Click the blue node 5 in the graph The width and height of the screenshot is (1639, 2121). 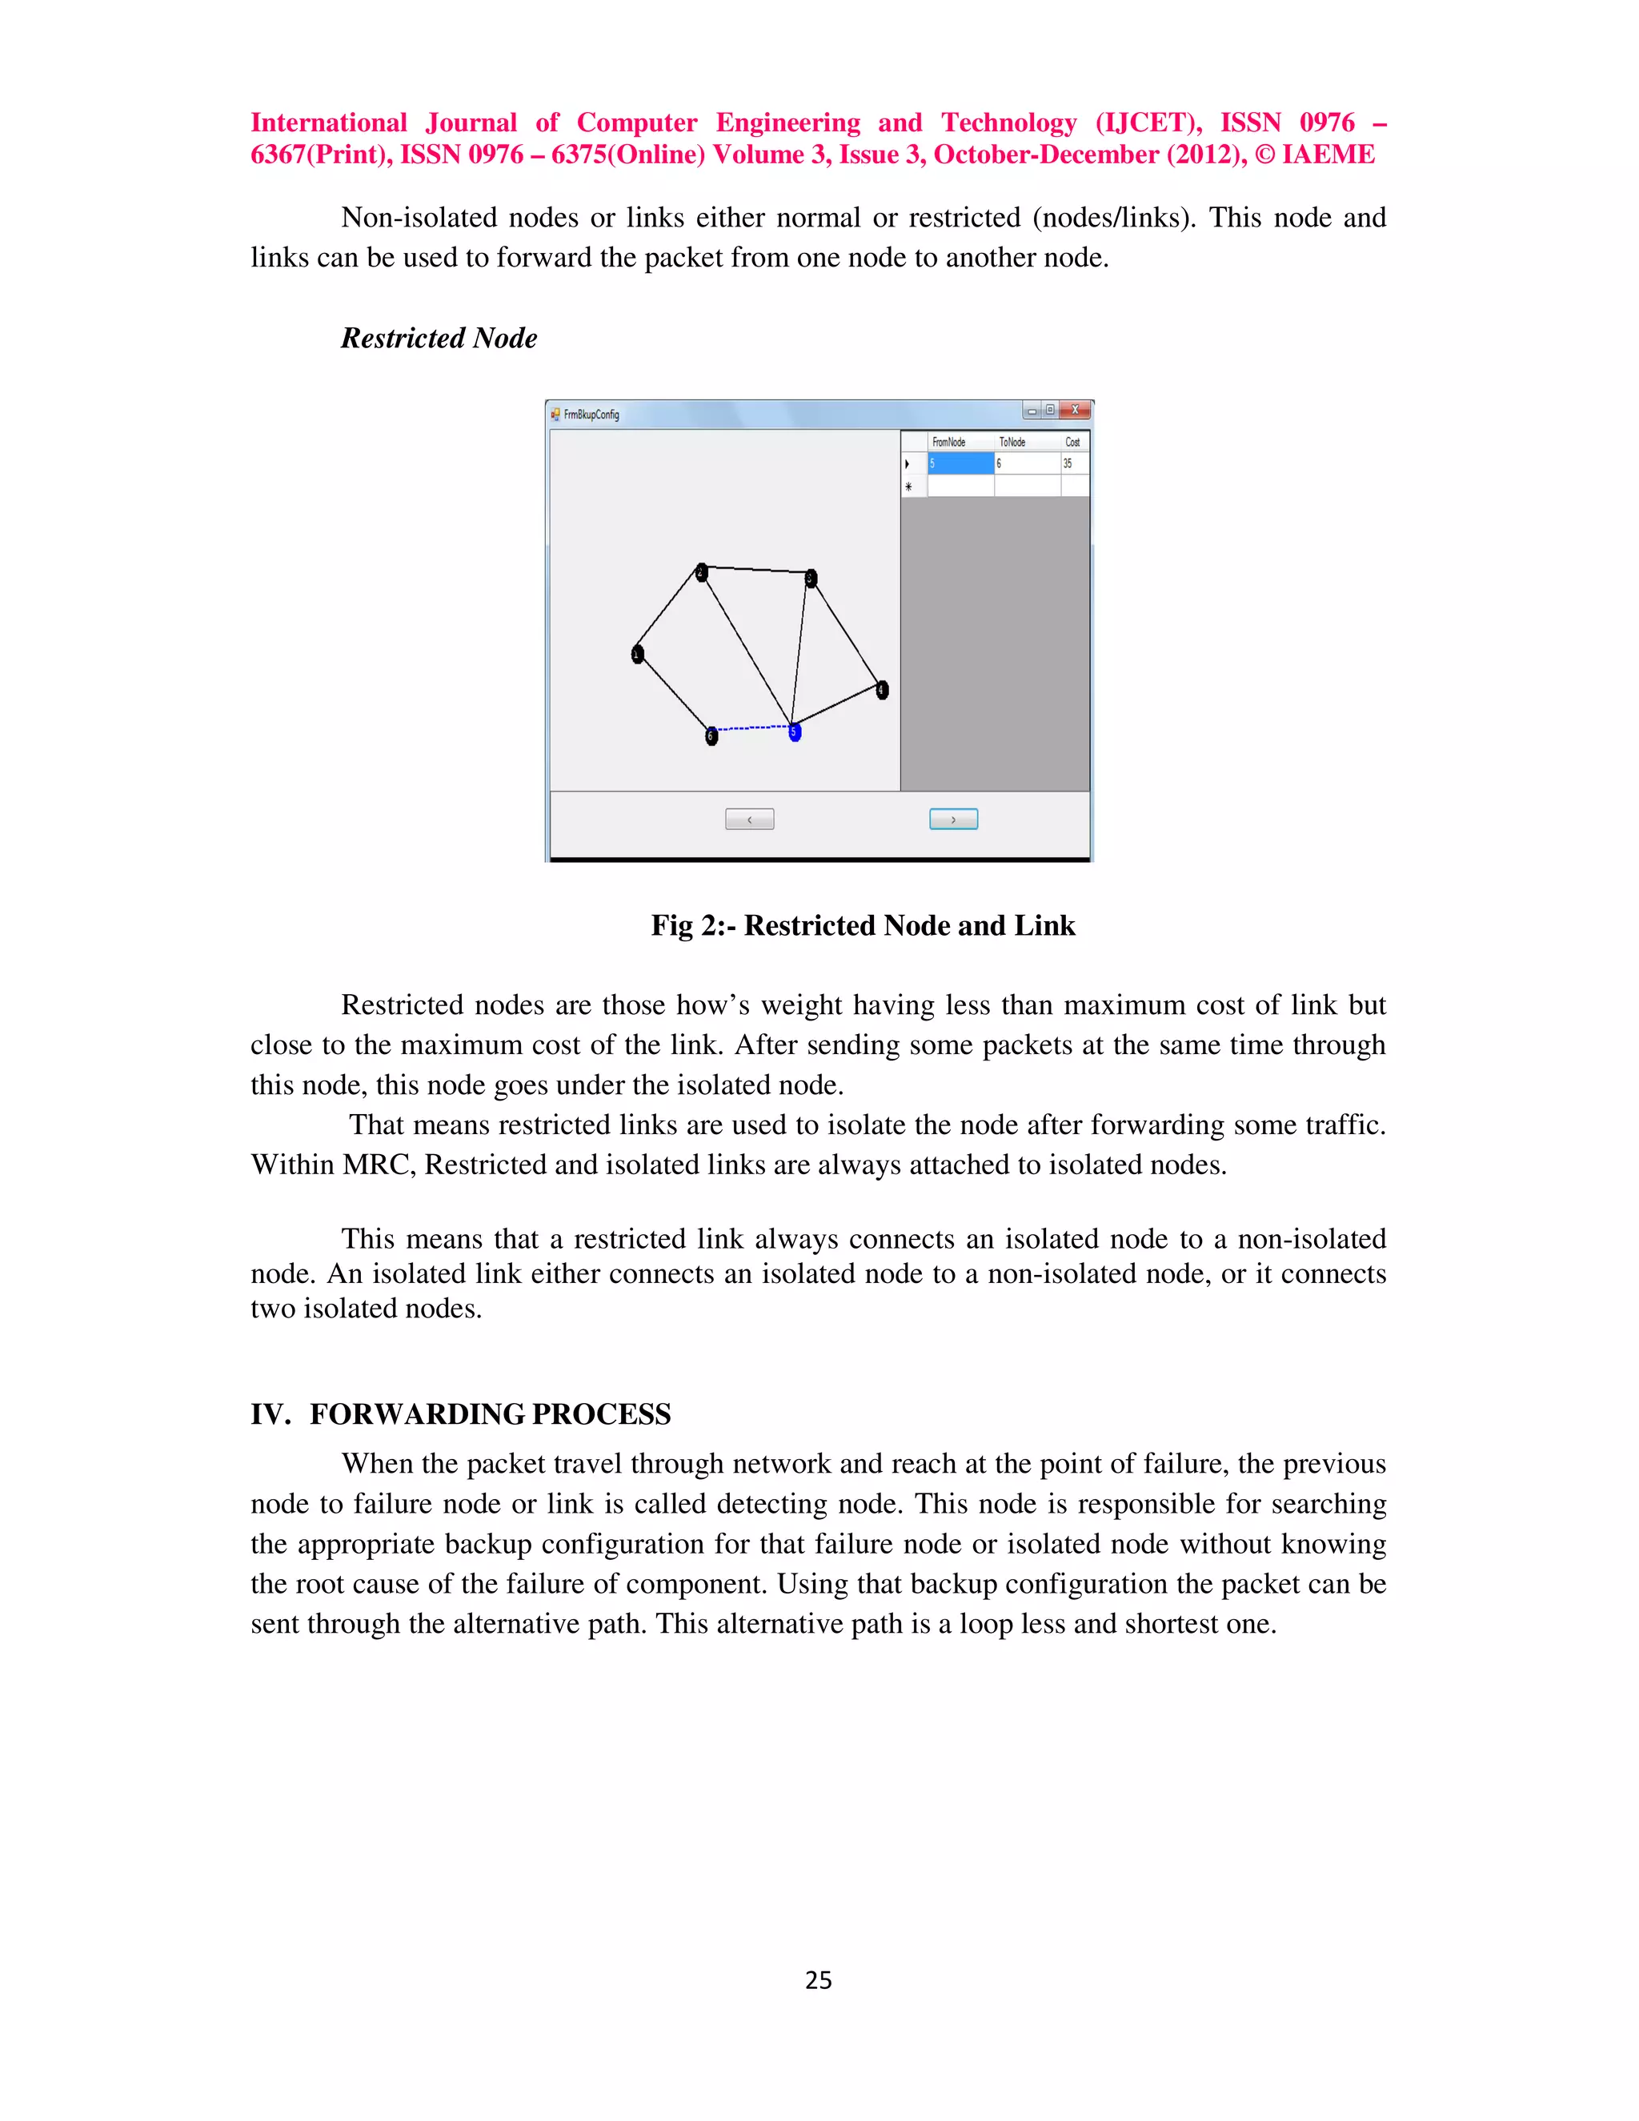[x=794, y=732]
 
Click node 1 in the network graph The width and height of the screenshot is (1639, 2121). [x=638, y=655]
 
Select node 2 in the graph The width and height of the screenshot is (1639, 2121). [x=701, y=573]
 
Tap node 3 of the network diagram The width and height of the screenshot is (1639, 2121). [x=811, y=579]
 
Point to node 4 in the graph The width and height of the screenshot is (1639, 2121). [x=882, y=691]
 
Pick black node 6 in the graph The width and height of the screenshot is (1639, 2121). [x=711, y=736]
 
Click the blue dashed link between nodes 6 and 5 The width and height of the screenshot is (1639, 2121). [x=753, y=728]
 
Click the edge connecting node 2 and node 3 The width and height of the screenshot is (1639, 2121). [x=755, y=569]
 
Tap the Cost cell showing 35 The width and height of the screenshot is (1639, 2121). [x=1074, y=464]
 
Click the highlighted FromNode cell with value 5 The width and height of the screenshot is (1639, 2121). [x=960, y=464]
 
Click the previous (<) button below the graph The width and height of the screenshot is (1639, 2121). [x=750, y=820]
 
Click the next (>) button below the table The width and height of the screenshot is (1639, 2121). [x=953, y=820]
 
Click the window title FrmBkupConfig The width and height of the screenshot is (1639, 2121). [x=591, y=415]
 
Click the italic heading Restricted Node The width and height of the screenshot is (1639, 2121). [x=439, y=338]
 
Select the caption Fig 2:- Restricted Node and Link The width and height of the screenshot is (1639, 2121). [x=862, y=925]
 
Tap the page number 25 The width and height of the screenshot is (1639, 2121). [x=819, y=1980]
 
